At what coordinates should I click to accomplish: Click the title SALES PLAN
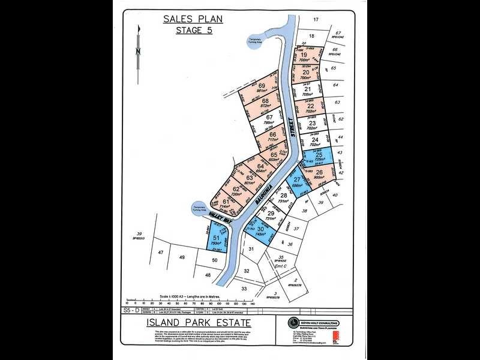pos(193,18)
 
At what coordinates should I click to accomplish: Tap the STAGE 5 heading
pos(193,30)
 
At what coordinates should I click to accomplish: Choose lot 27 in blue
pos(296,182)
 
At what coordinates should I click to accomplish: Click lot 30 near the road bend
pos(261,231)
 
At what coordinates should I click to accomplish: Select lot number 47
pos(161,253)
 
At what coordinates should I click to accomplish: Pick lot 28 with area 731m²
pos(285,197)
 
